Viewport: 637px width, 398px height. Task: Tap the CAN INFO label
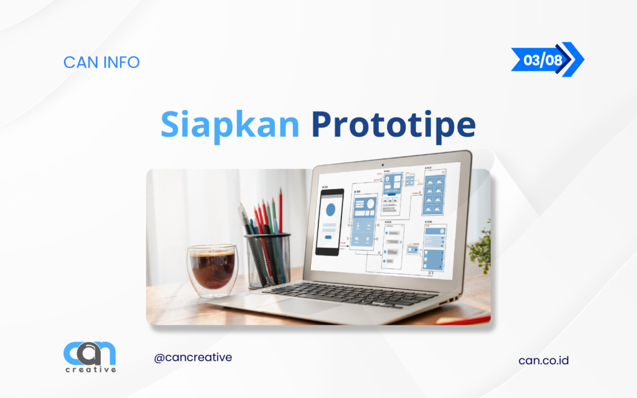click(101, 62)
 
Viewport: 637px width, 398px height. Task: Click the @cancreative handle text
click(193, 358)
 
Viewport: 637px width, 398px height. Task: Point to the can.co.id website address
click(544, 360)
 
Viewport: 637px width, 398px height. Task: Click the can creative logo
click(90, 354)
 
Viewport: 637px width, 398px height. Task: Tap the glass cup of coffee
click(212, 269)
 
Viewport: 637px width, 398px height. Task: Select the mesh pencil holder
click(267, 259)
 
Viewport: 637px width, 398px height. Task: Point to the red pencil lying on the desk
click(463, 319)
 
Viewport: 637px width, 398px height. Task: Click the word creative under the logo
click(90, 369)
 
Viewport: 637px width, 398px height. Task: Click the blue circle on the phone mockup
click(330, 210)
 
